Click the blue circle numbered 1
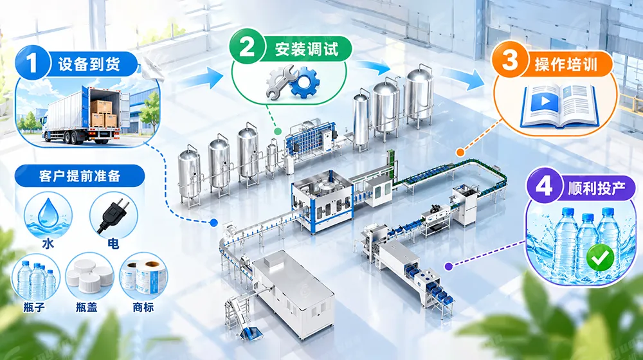coord(32,64)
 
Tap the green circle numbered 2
coord(247,47)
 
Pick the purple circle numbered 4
coord(544,186)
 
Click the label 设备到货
coord(89,64)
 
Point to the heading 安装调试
coord(307,48)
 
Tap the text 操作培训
coord(566,64)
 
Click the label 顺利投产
coord(597,187)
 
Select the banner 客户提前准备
coord(80,176)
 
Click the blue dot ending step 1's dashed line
coord(213,222)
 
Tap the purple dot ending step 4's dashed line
coord(449,267)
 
